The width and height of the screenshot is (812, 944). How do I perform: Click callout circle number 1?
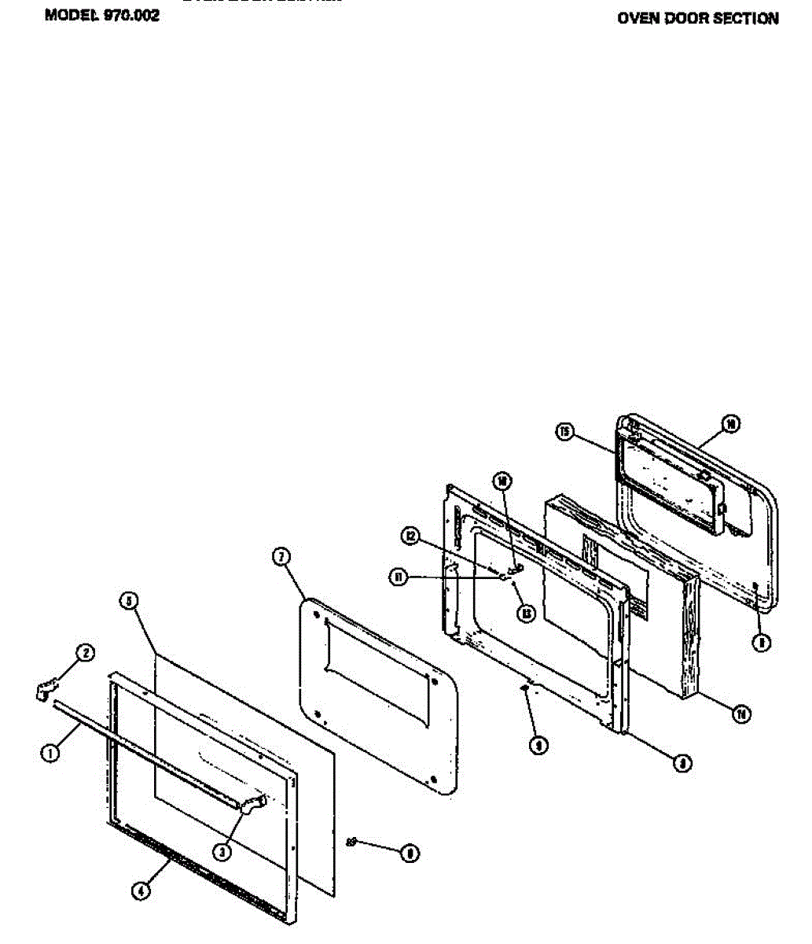[50, 752]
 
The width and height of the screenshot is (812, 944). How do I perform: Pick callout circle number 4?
[140, 891]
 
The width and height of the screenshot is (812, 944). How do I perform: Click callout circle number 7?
[281, 557]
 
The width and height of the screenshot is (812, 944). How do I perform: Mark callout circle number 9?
[538, 745]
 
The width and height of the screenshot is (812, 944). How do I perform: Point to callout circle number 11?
[399, 577]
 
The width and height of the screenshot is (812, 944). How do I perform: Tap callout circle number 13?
[526, 612]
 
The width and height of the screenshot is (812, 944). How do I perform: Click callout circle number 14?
[740, 714]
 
